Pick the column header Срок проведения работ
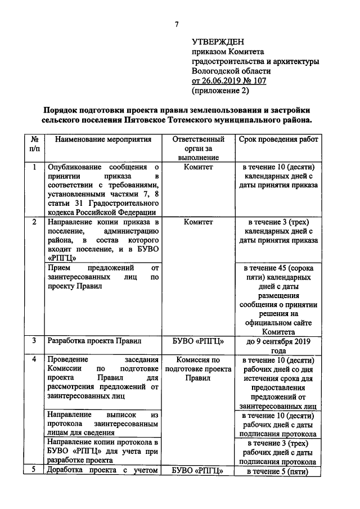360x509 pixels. [277, 139]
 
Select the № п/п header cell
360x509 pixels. [35, 145]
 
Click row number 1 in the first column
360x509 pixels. [35, 167]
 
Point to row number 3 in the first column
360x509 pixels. [35, 340]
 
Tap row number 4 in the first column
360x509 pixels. [35, 359]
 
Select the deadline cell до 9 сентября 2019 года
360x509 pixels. [277, 345]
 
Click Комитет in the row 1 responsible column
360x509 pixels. [198, 167]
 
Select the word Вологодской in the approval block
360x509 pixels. [215, 71]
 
